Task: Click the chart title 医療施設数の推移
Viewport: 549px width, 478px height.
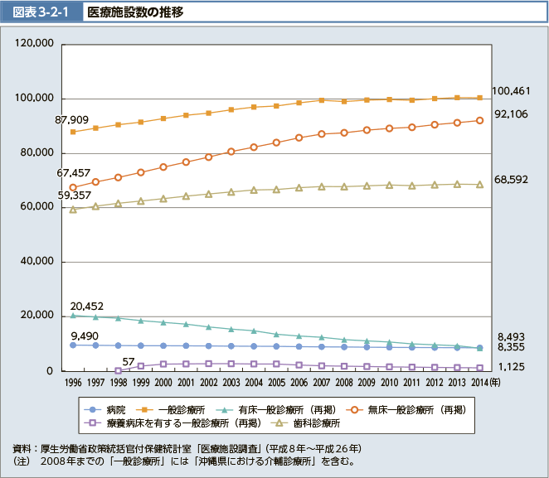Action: click(136, 12)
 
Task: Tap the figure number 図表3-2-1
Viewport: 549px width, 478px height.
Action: click(42, 12)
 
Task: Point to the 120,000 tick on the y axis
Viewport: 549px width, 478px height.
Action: click(34, 44)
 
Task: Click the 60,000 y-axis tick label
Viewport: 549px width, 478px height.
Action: click(36, 207)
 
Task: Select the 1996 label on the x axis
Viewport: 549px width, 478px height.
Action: click(73, 383)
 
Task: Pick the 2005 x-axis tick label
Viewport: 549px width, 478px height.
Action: click(276, 383)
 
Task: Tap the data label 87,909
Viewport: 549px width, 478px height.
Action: click(72, 120)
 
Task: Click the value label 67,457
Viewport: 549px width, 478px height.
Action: click(74, 173)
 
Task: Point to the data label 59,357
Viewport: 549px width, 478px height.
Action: click(74, 196)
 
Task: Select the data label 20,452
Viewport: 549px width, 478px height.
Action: click(85, 306)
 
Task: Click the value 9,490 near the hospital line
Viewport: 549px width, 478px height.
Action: click(85, 336)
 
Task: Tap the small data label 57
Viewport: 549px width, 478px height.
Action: click(128, 361)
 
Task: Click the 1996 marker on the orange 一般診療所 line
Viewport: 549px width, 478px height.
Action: click(73, 132)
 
